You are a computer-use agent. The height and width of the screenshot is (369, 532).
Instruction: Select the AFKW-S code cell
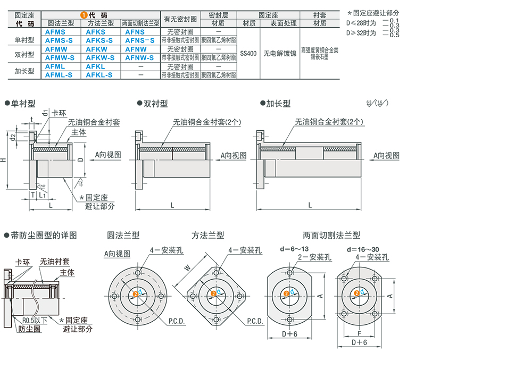tap(99, 57)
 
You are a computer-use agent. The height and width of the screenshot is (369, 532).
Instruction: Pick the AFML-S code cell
tap(59, 75)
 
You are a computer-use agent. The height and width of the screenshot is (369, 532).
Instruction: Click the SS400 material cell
tap(248, 53)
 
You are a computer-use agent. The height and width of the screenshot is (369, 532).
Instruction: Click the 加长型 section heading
tap(278, 104)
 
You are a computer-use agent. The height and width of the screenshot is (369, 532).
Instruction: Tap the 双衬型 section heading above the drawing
tap(156, 104)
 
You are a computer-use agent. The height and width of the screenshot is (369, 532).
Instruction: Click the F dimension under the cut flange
tap(360, 334)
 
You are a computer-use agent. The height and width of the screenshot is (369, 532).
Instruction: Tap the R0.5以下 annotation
tap(35, 321)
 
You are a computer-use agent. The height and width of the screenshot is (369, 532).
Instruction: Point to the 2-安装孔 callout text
tap(314, 257)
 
